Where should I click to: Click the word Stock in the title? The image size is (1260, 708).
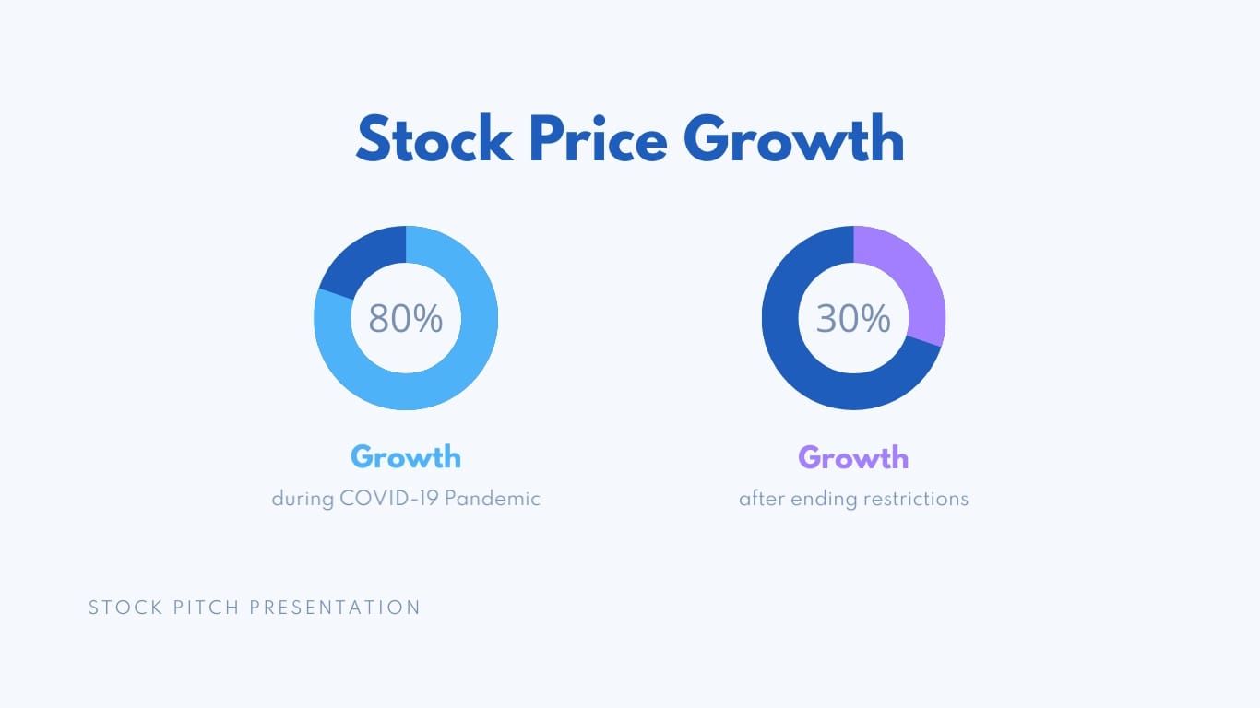click(x=434, y=140)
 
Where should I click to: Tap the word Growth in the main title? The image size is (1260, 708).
click(x=794, y=140)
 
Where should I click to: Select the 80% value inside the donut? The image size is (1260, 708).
click(x=406, y=319)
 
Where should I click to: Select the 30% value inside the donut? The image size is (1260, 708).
click(x=853, y=319)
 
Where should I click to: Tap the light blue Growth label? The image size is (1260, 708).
click(x=406, y=457)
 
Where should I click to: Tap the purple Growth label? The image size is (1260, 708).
click(x=853, y=457)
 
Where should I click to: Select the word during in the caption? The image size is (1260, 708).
click(x=303, y=499)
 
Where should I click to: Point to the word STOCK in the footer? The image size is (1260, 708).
click(x=125, y=608)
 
